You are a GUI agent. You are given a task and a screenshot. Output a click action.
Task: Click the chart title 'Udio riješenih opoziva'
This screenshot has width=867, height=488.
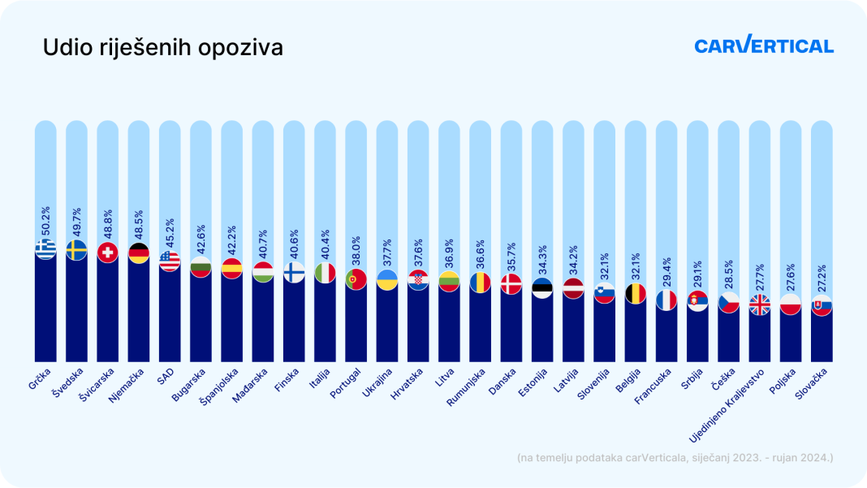click(x=162, y=48)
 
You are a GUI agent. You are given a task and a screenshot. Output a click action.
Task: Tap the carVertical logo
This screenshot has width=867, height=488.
click(x=764, y=45)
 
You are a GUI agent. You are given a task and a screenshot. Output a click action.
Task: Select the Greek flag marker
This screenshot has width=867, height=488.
click(x=45, y=249)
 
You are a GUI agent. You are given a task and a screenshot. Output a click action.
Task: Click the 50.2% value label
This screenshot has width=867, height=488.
click(x=46, y=221)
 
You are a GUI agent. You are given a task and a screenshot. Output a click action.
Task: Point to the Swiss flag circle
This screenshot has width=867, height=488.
click(x=107, y=253)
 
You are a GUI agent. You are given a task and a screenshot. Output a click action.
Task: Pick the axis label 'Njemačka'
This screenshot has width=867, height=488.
click(x=127, y=385)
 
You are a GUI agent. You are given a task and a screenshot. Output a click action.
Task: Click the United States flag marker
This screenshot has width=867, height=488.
click(x=170, y=261)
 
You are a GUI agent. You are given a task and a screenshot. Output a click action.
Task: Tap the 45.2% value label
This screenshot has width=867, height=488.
click(x=170, y=233)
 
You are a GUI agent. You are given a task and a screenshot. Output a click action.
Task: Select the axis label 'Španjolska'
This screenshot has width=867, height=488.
click(x=219, y=387)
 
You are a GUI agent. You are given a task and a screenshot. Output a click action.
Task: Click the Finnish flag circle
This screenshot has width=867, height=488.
click(x=294, y=272)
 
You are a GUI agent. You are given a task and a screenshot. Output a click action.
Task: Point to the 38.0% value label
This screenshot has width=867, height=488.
click(x=356, y=251)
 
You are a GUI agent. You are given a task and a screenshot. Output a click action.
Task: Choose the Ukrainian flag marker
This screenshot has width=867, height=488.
click(x=387, y=280)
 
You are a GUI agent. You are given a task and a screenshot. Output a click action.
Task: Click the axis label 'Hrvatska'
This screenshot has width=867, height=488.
click(x=407, y=383)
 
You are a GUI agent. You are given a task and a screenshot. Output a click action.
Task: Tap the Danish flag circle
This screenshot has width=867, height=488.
click(x=511, y=284)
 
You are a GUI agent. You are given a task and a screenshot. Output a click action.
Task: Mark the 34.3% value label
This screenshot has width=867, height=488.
click(x=542, y=260)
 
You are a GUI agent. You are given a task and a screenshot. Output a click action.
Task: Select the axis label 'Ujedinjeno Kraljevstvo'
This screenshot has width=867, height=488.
click(x=726, y=405)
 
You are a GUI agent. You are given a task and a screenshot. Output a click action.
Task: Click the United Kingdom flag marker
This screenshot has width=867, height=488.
click(x=760, y=304)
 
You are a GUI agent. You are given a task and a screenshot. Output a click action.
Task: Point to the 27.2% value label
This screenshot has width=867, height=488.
click(x=822, y=279)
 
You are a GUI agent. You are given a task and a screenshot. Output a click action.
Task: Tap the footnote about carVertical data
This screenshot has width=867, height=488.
click(x=675, y=458)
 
